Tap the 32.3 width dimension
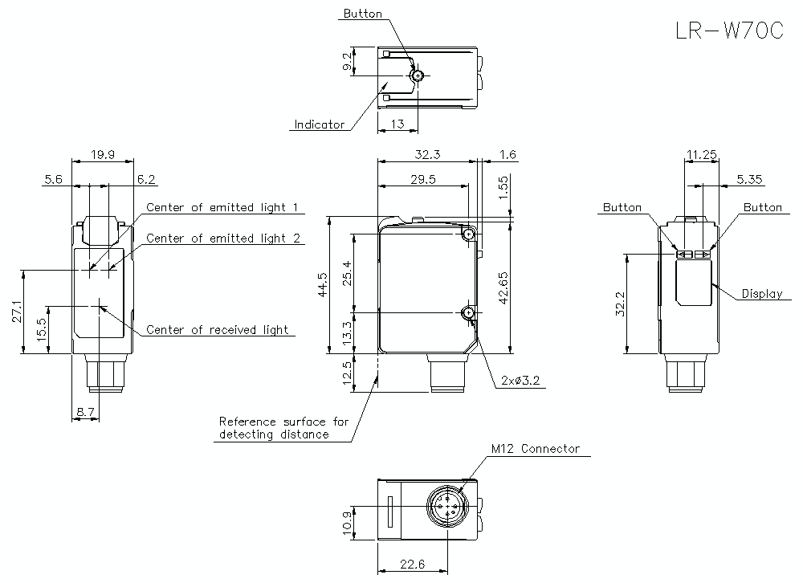point(426,153)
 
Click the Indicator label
point(319,124)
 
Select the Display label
point(761,294)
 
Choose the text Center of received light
point(217,330)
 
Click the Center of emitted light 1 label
point(222,208)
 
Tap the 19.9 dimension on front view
point(103,153)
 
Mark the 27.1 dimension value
point(17,312)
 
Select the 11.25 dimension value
point(701,153)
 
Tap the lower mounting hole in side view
point(468,312)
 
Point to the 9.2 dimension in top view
point(346,63)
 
